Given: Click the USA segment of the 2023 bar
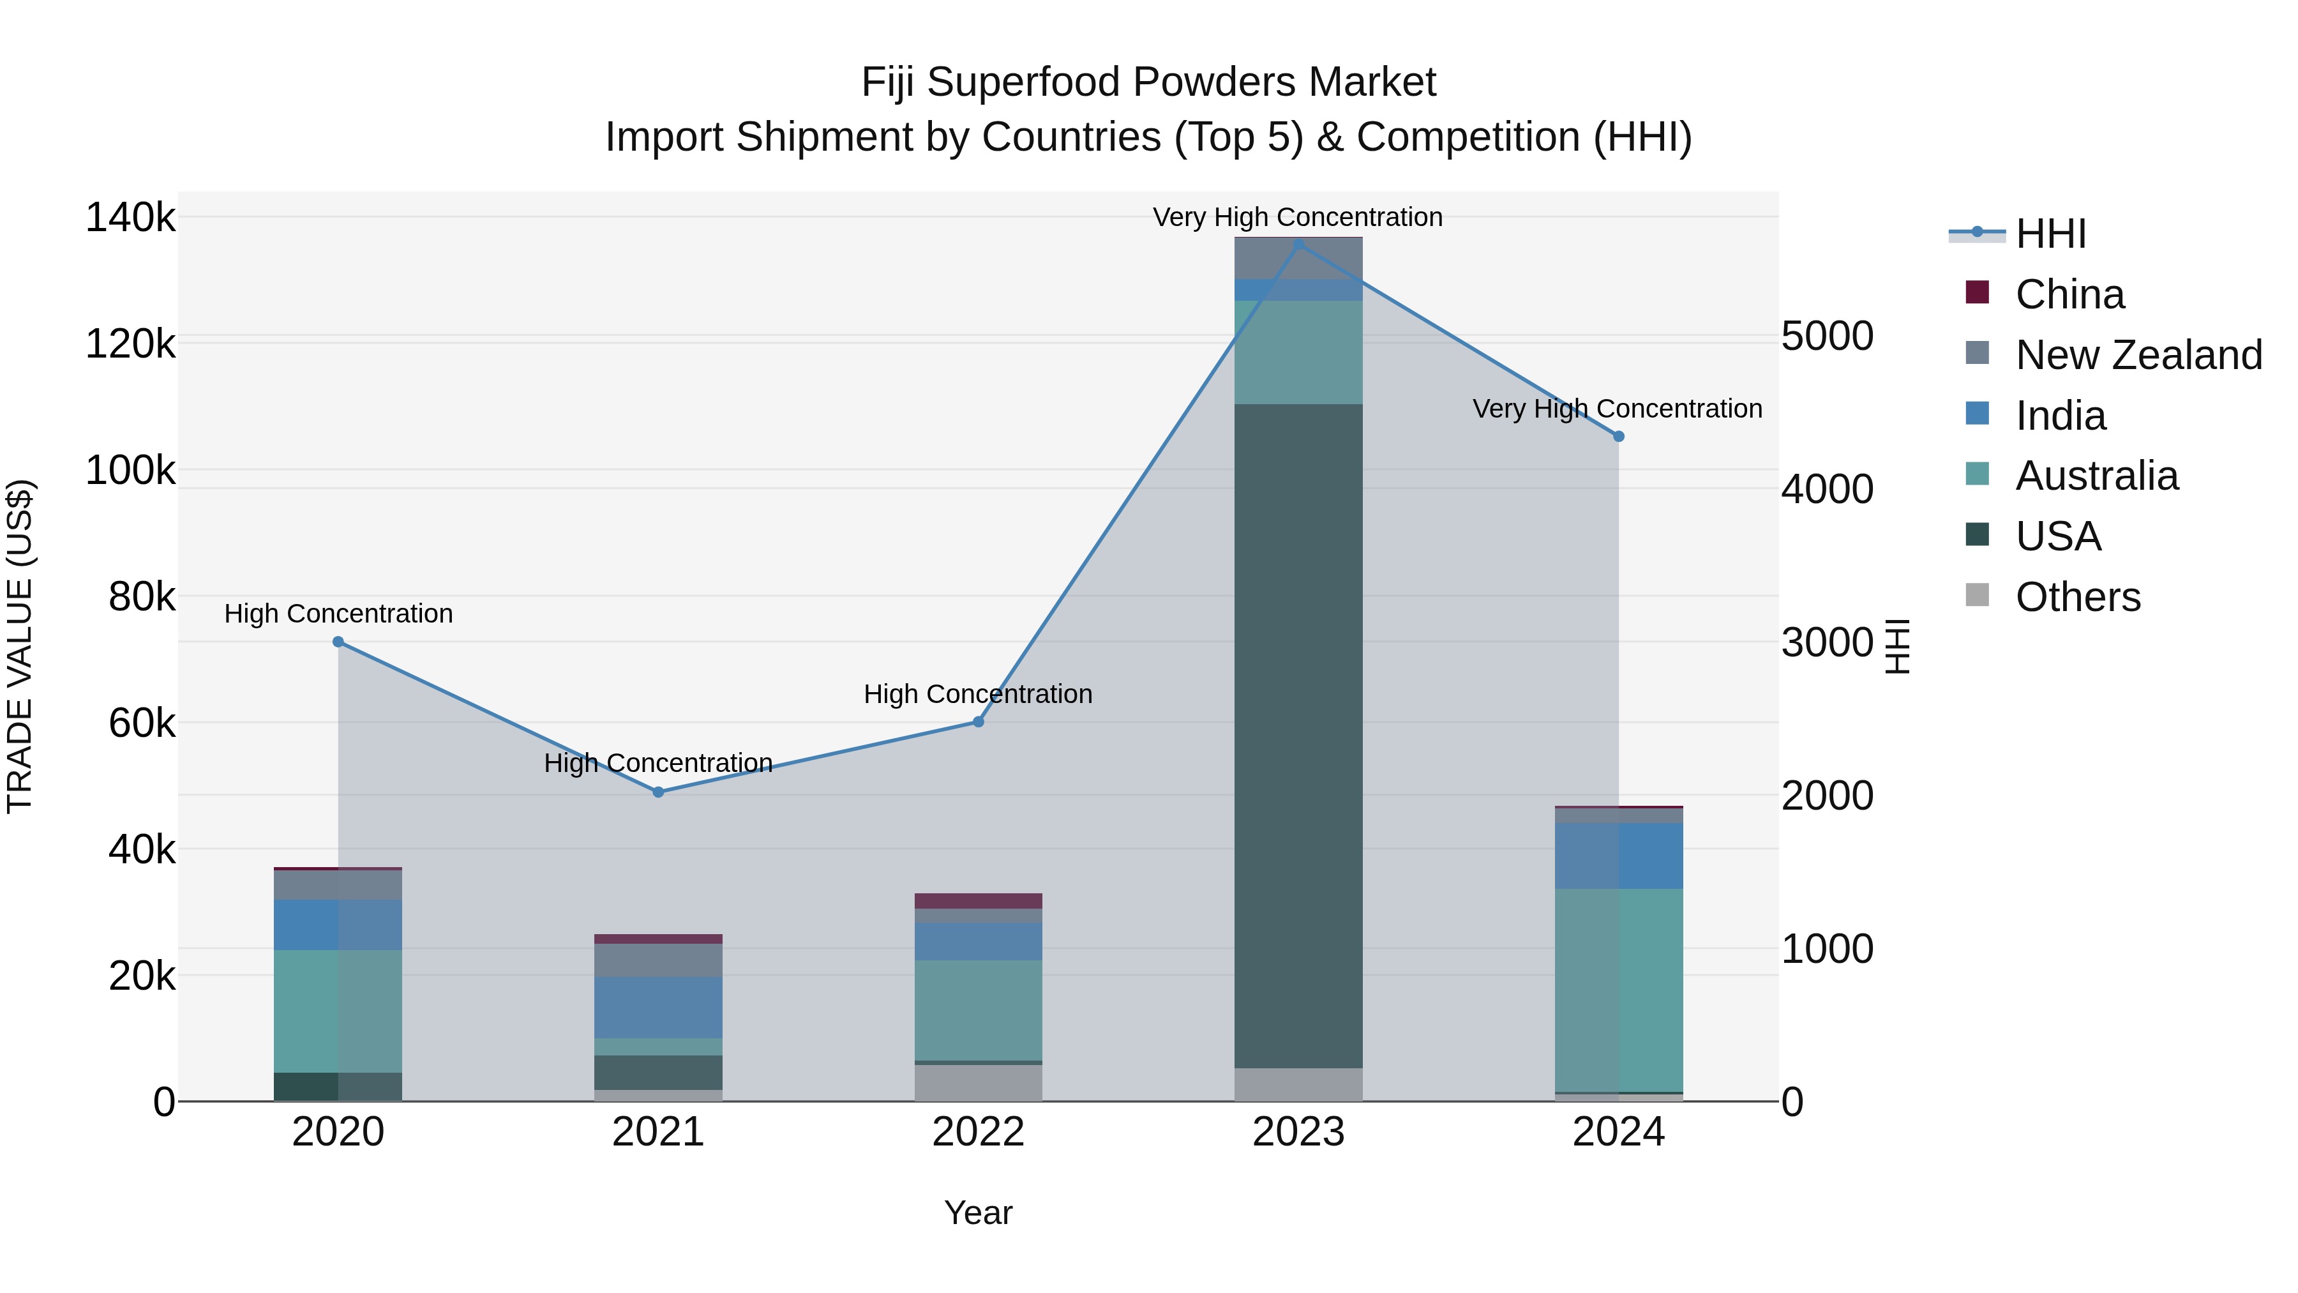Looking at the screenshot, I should [x=1298, y=736].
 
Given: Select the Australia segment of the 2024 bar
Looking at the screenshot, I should [x=1618, y=990].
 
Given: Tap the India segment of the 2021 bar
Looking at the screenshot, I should [x=658, y=1006].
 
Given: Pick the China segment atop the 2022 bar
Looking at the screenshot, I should [x=978, y=900].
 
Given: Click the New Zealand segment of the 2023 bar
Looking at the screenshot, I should [x=1298, y=259].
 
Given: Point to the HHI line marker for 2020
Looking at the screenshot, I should [x=338, y=642].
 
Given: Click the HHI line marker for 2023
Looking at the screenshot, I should [x=1298, y=245].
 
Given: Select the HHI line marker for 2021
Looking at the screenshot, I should [x=658, y=792].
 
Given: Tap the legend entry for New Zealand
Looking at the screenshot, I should [x=2137, y=355].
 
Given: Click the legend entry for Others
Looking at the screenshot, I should [x=2076, y=597].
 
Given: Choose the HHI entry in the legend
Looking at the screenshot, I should [x=2049, y=234].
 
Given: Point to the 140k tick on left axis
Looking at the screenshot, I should [x=130, y=218].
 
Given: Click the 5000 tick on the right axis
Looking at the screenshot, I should [x=1826, y=336].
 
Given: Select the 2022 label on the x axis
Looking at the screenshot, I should [x=978, y=1132].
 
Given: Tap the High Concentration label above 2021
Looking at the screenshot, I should [x=658, y=763].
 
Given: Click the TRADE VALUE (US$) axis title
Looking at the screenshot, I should [x=20, y=646].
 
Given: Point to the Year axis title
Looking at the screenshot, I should [x=978, y=1213].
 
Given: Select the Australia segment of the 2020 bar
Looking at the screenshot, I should [x=338, y=1010].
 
